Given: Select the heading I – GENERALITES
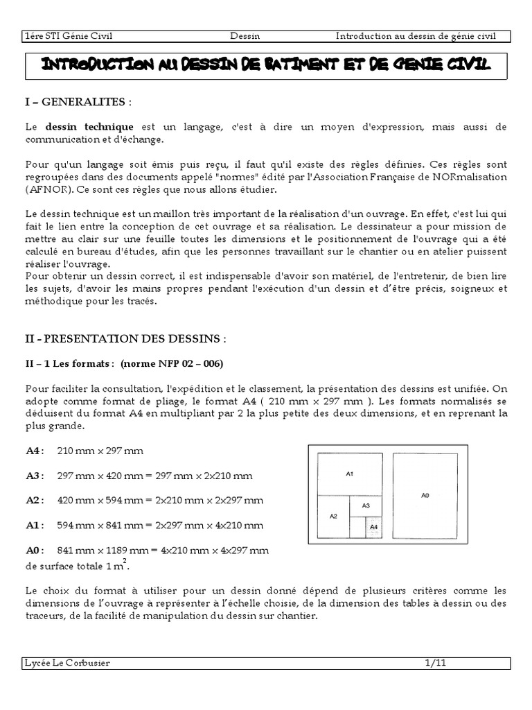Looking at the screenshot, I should pos(76,103).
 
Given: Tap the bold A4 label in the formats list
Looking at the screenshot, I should pos(33,451).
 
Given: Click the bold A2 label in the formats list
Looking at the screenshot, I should pos(33,500).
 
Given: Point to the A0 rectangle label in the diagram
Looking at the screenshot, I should pos(425,495).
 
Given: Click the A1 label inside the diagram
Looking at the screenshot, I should pos(350,474).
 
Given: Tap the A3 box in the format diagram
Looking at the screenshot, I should pos(366,505).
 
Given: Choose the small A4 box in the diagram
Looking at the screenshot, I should pos(373,527).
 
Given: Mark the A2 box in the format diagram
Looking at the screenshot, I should pos(333,516).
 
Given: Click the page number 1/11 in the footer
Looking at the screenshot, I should pos(436,663).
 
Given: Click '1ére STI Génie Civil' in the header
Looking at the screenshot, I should pos(69,36).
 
